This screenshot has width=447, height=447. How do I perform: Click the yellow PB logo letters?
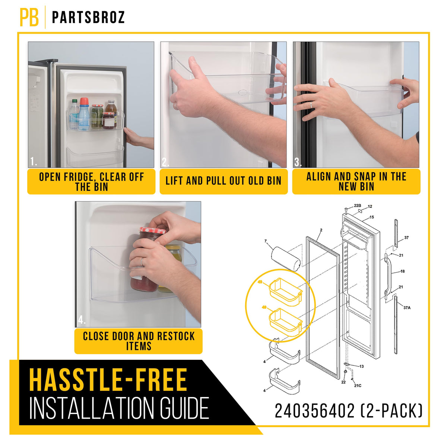click(29, 17)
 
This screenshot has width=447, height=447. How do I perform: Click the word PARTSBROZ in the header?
click(88, 17)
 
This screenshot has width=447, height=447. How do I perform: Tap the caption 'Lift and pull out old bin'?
click(223, 181)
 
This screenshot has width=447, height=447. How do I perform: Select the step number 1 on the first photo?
click(34, 161)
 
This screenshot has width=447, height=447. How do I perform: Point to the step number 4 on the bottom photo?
click(82, 320)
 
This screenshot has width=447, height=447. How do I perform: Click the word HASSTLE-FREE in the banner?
click(108, 380)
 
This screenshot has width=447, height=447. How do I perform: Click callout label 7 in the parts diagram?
click(266, 241)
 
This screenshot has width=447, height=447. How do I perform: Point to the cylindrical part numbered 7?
click(286, 259)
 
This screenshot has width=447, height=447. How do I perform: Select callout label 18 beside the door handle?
click(402, 271)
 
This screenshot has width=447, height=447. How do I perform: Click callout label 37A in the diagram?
click(407, 308)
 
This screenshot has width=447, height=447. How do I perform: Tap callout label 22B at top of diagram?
click(358, 206)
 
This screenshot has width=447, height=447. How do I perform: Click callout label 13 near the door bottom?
click(361, 367)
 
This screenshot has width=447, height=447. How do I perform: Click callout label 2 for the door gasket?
click(321, 230)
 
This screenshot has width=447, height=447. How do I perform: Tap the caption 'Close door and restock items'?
click(139, 341)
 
